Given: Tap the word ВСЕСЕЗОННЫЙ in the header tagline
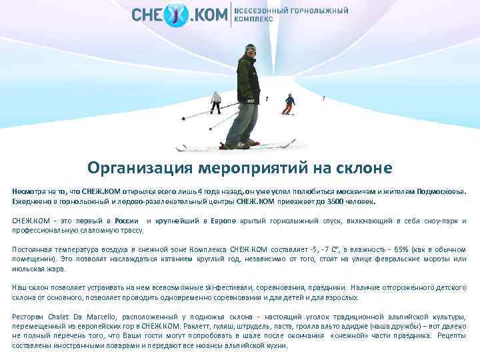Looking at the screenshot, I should coord(261,11).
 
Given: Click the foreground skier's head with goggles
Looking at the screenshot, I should coord(250,51).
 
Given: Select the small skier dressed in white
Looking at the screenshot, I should coord(216,101).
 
